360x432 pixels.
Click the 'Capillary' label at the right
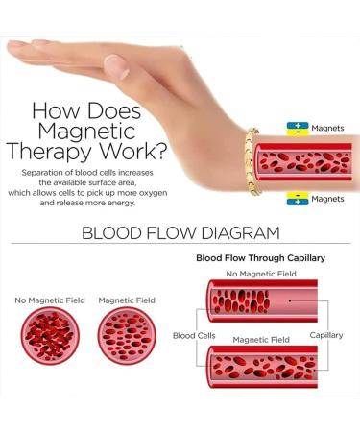[327, 336]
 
